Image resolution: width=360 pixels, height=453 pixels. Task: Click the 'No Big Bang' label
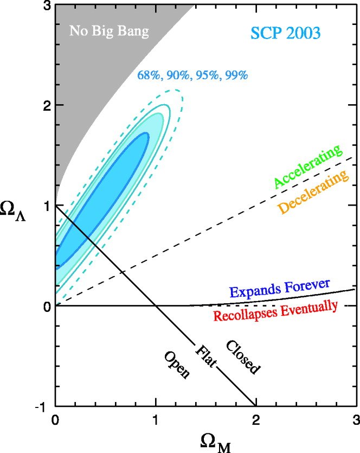[x=109, y=31]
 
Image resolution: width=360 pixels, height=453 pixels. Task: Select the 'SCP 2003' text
[x=286, y=33]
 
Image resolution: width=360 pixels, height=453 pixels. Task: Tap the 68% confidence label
[x=149, y=75]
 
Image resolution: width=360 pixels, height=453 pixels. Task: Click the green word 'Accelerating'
[x=308, y=166]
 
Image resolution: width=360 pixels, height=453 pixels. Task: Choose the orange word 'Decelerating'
[x=313, y=192]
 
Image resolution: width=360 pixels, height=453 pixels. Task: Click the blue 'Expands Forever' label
[x=280, y=288]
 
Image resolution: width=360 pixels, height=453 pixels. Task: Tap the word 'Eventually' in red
[x=309, y=308]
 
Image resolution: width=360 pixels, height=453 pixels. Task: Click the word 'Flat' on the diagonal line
[x=205, y=356]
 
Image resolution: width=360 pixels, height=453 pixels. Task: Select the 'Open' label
[x=177, y=365]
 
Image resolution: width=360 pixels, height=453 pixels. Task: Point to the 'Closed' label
[x=242, y=357]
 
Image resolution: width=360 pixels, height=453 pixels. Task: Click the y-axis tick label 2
[x=47, y=105]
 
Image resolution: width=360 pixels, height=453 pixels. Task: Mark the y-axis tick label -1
[x=43, y=408]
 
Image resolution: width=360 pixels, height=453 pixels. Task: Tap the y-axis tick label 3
[x=47, y=6]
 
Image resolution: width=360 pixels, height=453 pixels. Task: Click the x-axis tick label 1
[x=156, y=420]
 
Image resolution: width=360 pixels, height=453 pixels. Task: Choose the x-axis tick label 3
[x=356, y=420]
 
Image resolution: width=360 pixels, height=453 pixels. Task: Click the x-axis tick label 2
[x=256, y=420]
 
